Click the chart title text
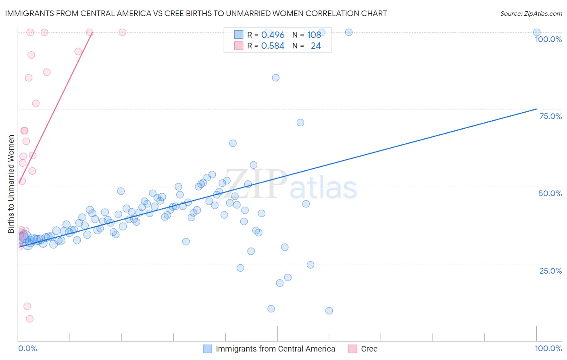[196, 14]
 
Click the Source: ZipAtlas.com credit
[531, 14]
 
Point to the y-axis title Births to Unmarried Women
[11, 184]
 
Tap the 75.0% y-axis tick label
[550, 116]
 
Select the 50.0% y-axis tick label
[550, 193]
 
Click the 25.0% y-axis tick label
[550, 270]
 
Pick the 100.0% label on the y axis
[548, 39]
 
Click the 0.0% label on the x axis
[27, 348]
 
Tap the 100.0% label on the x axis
[548, 348]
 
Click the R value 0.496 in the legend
[273, 35]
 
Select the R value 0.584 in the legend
[273, 46]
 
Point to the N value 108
[314, 35]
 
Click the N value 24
[316, 46]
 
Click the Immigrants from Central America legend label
[275, 349]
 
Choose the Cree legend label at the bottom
[369, 349]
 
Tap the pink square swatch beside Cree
[353, 349]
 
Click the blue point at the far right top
[536, 32]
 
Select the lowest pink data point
[29, 319]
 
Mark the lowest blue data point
[329, 311]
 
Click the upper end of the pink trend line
[92, 33]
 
